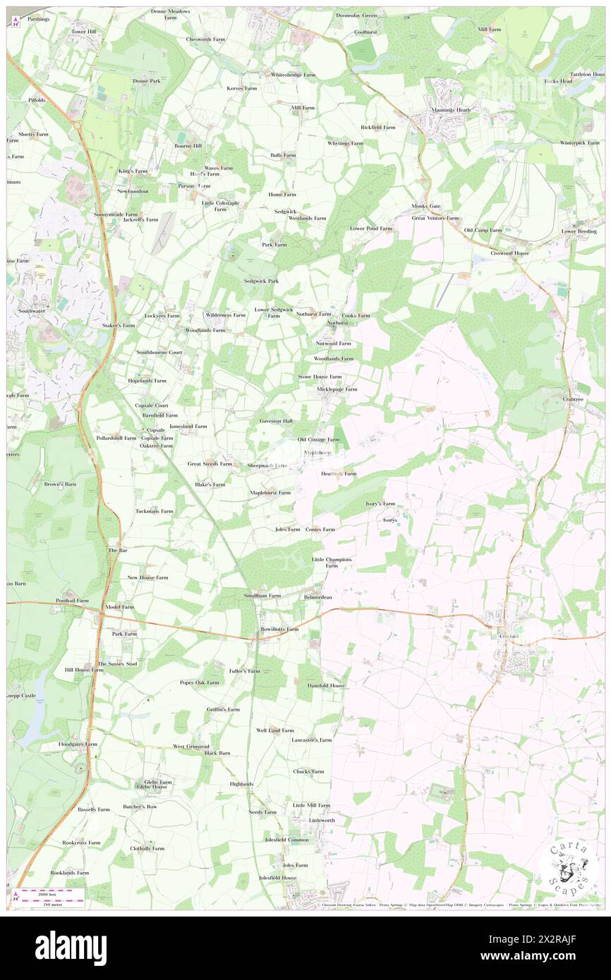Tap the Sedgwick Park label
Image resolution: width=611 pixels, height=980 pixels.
pyautogui.click(x=261, y=281)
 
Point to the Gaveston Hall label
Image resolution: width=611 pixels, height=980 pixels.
pyautogui.click(x=276, y=421)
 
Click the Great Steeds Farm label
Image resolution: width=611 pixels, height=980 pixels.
pyautogui.click(x=210, y=464)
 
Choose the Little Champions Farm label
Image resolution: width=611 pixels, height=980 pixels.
pyautogui.click(x=332, y=563)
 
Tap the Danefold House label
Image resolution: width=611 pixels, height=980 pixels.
pyautogui.click(x=326, y=685)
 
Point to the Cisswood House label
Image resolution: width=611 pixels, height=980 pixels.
pyautogui.click(x=510, y=253)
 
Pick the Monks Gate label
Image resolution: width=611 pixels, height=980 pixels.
pyautogui.click(x=426, y=206)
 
